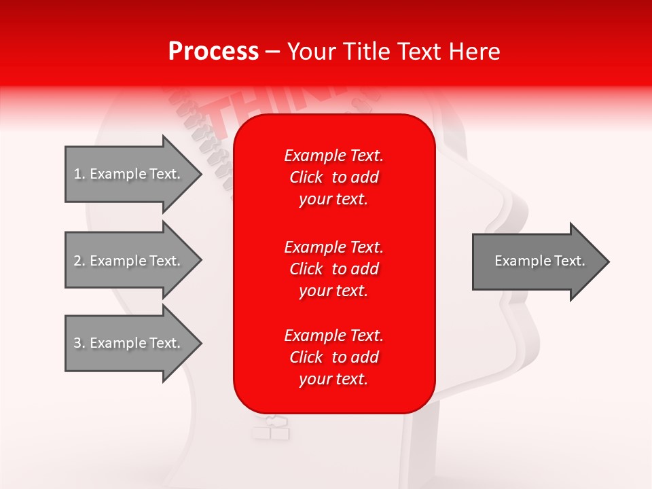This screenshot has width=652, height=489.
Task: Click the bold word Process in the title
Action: pos(213,52)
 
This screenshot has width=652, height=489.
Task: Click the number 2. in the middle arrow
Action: pos(79,261)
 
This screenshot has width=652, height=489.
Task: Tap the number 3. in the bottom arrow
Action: pos(79,343)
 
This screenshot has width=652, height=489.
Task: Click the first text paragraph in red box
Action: pos(333,177)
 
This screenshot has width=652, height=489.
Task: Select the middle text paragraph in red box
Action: pos(333,269)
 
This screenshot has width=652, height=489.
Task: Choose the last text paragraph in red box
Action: pos(333,357)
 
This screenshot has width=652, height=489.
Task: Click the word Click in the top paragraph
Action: pos(306,177)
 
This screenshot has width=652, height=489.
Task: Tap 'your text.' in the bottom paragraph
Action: pos(333,379)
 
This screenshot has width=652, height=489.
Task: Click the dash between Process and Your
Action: pos(273,52)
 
